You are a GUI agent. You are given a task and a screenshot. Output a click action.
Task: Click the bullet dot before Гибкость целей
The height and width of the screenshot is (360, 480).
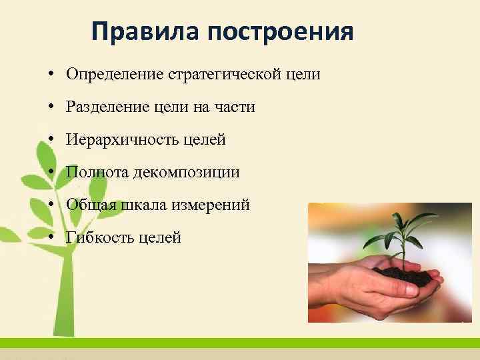click(x=51, y=237)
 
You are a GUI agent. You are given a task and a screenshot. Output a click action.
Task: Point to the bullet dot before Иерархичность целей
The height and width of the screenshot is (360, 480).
click(x=51, y=139)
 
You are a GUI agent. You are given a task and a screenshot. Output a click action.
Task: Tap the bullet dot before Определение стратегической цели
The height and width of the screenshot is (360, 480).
click(x=51, y=74)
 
